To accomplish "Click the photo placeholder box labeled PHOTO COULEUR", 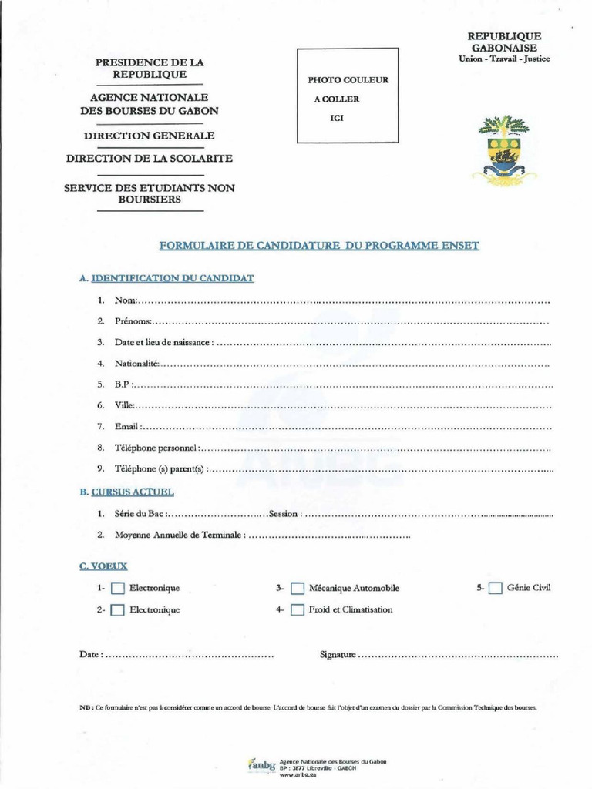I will click(348, 96).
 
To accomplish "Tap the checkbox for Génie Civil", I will click(496, 589).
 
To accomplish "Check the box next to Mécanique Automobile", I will click(298, 589).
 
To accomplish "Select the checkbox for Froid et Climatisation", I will click(298, 610).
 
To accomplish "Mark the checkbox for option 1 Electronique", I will click(117, 589).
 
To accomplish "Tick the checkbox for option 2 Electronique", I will click(117, 611).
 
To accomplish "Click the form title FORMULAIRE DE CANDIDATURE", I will click(318, 246).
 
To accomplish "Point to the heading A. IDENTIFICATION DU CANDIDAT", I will click(166, 277).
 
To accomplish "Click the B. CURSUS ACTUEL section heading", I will click(127, 491).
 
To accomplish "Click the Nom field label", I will click(125, 300).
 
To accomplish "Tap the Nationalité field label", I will click(136, 363).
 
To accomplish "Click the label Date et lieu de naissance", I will click(162, 342).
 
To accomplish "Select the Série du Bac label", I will click(140, 513).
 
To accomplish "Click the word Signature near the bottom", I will click(337, 655).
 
